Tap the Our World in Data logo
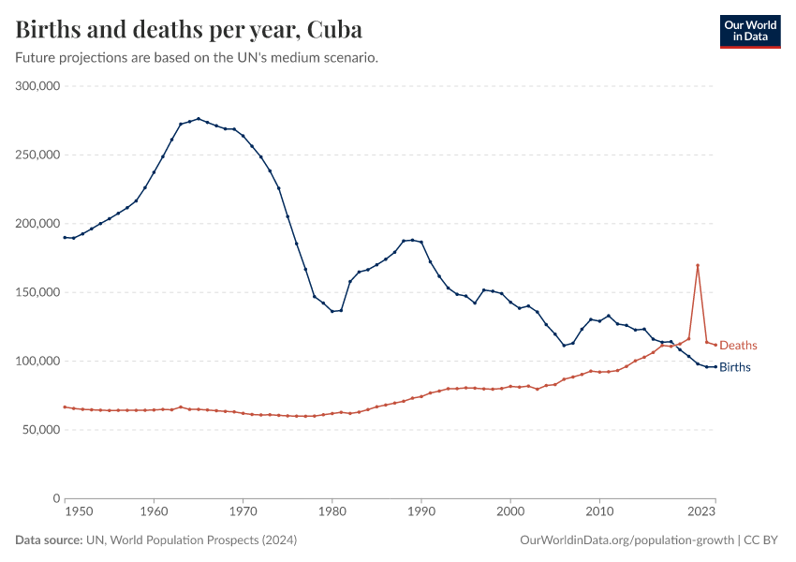750,31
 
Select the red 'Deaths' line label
738,346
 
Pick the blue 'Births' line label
735,367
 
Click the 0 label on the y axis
56,498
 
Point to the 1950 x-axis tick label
79,512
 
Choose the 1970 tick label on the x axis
243,512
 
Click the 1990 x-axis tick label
421,512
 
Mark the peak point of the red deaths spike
698,265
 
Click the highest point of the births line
199,119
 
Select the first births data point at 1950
65,237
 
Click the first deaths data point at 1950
65,407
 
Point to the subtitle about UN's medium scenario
197,58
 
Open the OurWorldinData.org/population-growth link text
626,540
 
